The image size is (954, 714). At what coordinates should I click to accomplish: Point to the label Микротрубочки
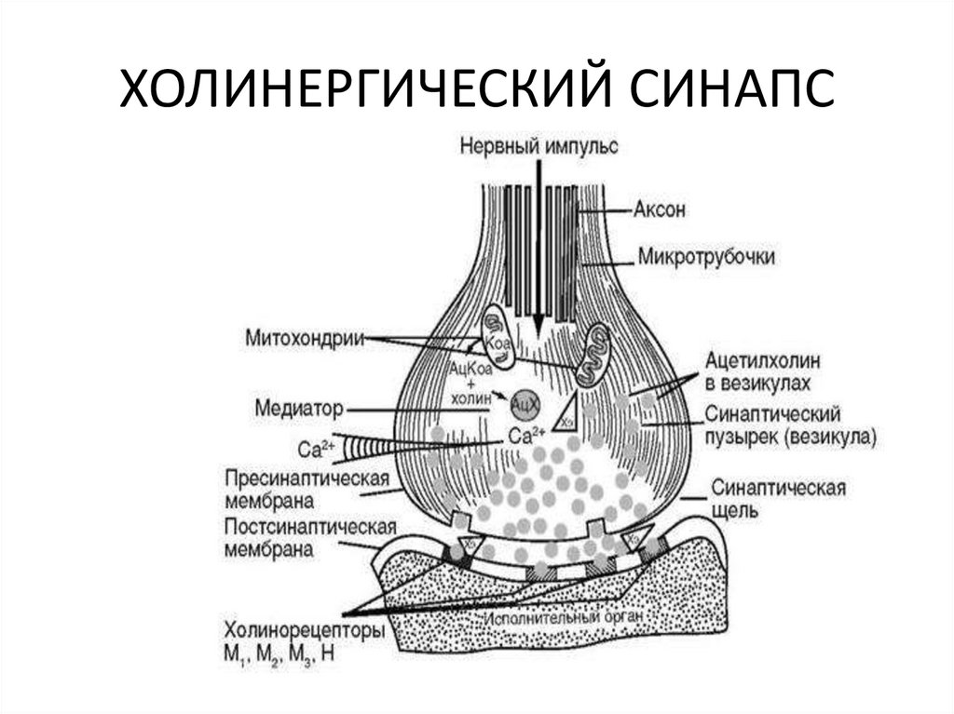[x=706, y=254]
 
